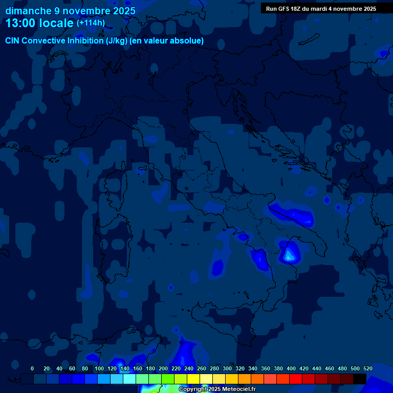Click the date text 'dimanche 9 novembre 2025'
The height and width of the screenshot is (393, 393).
[x=71, y=11]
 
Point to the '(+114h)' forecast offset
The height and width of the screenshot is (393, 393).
[x=91, y=23]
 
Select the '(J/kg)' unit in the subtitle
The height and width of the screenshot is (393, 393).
[x=118, y=40]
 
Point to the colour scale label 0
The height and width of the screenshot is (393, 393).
[x=32, y=368]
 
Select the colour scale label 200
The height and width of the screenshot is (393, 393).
[x=163, y=368]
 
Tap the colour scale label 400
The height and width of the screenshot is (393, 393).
[x=291, y=368]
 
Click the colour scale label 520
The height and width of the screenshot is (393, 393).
[x=368, y=368]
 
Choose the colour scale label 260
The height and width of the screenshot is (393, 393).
[x=202, y=368]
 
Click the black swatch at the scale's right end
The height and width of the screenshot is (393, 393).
[x=360, y=379]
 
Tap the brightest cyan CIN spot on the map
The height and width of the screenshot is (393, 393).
[x=290, y=254]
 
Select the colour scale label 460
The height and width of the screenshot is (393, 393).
[x=330, y=368]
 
